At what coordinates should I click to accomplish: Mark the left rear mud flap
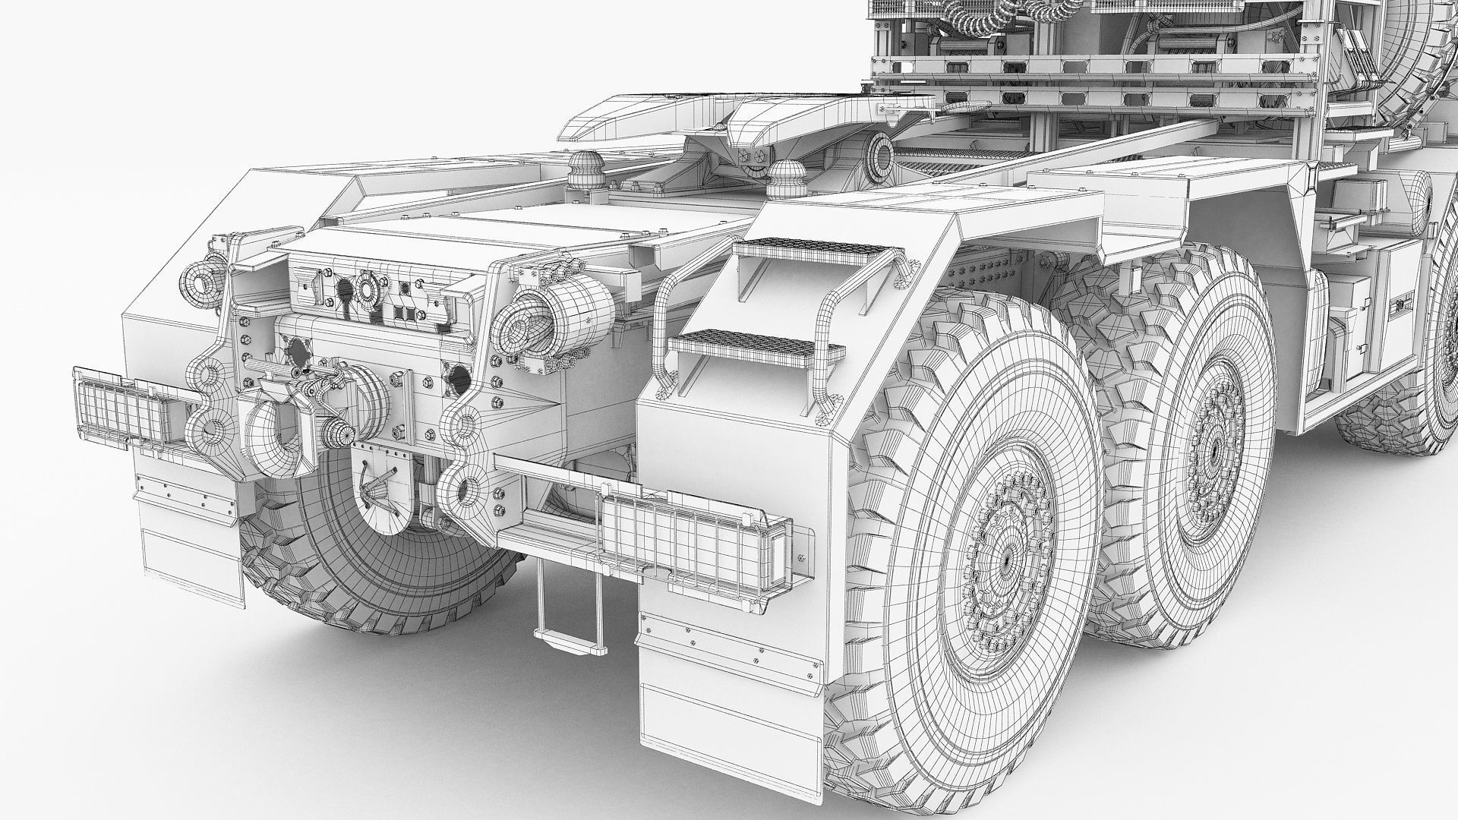190,524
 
